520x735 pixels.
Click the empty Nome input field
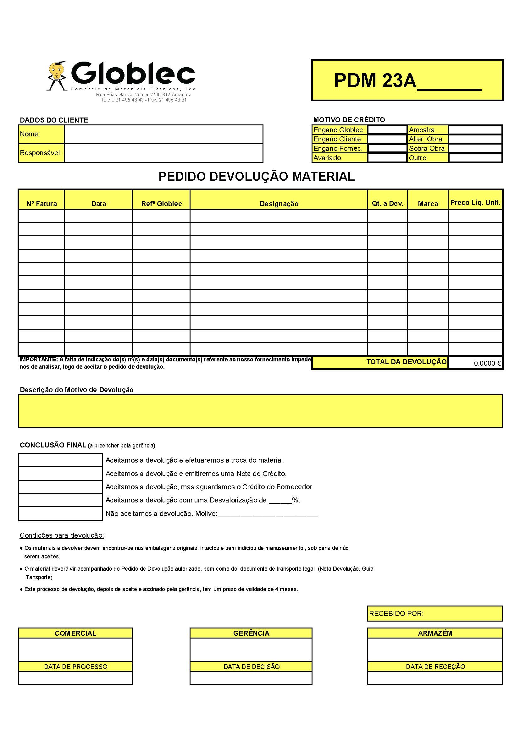click(163, 134)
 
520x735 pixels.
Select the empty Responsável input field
click(163, 153)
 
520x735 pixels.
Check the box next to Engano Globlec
click(387, 130)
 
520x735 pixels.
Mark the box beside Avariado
click(387, 158)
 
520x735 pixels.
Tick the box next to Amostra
click(475, 130)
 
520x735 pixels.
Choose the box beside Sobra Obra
click(475, 149)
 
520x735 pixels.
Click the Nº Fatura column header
click(41, 204)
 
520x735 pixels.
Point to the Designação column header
click(279, 204)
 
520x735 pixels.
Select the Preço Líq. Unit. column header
click(475, 202)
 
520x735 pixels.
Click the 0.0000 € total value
click(487, 363)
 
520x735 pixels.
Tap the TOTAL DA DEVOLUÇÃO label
click(406, 362)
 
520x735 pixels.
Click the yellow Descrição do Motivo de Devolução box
click(260, 411)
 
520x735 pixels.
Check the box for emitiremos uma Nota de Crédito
click(60, 474)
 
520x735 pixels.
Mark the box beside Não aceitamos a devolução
click(60, 513)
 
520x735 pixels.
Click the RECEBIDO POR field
click(434, 613)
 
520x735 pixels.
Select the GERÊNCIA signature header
click(251, 633)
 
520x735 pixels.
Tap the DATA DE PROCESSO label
click(75, 666)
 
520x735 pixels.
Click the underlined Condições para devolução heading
click(62, 535)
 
